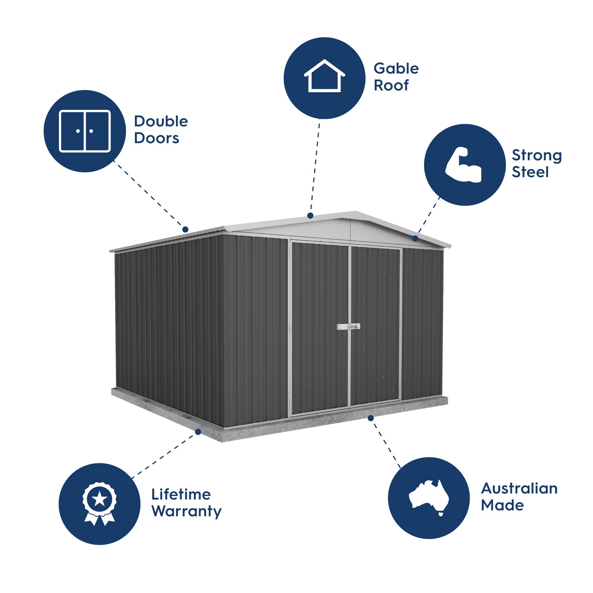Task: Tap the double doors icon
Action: click(x=85, y=131)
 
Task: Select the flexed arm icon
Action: click(x=464, y=165)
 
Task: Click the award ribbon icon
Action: click(x=99, y=504)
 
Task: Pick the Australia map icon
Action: click(x=429, y=497)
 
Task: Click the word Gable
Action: click(x=396, y=69)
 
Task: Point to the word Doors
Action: click(x=156, y=138)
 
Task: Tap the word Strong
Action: click(x=536, y=155)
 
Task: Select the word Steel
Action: click(x=530, y=172)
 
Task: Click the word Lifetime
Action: click(x=181, y=494)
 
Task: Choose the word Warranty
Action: click(x=186, y=511)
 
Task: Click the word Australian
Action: click(x=519, y=488)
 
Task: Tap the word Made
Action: click(x=502, y=505)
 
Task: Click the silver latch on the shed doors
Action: click(x=348, y=327)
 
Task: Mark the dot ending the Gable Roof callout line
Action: click(x=310, y=215)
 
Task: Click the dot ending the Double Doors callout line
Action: click(x=185, y=229)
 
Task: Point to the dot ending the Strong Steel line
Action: click(x=415, y=238)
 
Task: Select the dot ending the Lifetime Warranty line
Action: click(x=198, y=432)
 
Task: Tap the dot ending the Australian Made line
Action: click(x=371, y=418)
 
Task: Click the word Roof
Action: click(x=391, y=85)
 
